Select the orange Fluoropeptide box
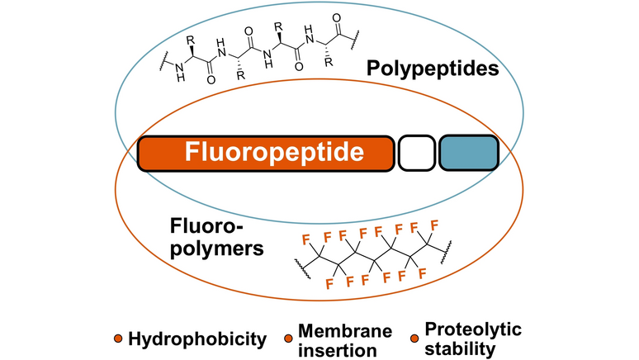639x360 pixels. tap(265, 153)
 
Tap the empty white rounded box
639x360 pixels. tap(416, 154)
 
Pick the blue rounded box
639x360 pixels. tap(468, 154)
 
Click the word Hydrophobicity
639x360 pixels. tap(198, 339)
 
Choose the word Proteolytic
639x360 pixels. tap(473, 330)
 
